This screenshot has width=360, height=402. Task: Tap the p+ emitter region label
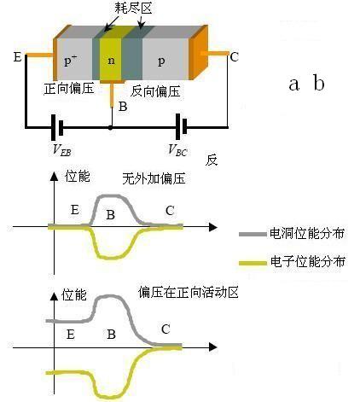pos(72,61)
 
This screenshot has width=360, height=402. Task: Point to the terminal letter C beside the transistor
pos(234,57)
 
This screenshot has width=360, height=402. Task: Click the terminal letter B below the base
pos(123,107)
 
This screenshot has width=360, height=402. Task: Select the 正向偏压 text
pos(68,89)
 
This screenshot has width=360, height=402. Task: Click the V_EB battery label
pos(61,151)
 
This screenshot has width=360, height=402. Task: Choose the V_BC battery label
pos(177,151)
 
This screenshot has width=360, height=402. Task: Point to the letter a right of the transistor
pos(295,84)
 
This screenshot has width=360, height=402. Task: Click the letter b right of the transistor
pos(318,83)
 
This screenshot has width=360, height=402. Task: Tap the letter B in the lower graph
pos(110,335)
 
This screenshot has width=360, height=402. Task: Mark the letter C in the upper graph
pos(170,210)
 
